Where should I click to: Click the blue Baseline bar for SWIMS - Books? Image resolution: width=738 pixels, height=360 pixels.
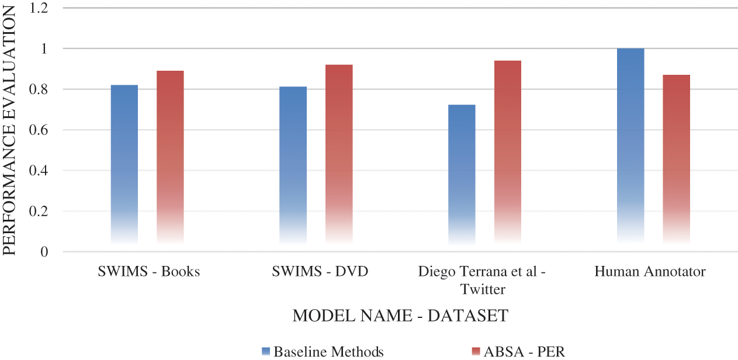pyautogui.click(x=124, y=164)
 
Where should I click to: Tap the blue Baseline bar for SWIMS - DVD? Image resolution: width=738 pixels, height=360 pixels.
pyautogui.click(x=293, y=165)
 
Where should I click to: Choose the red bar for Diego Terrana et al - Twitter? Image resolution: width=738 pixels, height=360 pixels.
pyautogui.click(x=507, y=152)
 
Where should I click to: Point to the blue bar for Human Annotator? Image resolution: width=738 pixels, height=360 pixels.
pyautogui.click(x=630, y=146)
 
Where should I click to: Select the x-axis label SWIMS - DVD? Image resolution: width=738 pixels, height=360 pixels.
pyautogui.click(x=320, y=272)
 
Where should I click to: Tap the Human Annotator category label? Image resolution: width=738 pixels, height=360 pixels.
pyautogui.click(x=650, y=272)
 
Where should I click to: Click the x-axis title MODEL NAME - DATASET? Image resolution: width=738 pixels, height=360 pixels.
pyautogui.click(x=400, y=316)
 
